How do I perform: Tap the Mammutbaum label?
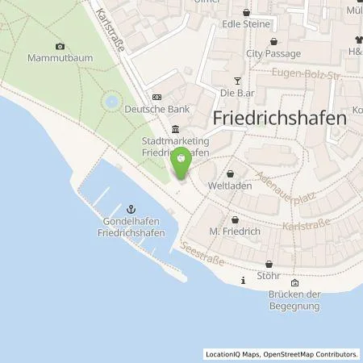point(60,58)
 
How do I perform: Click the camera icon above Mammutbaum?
point(60,46)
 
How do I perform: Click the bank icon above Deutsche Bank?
point(156,96)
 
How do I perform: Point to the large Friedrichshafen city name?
point(281,117)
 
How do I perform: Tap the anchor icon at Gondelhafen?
point(134,209)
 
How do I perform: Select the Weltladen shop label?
point(232,186)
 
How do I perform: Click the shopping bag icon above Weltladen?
point(232,173)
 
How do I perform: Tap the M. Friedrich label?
point(233,232)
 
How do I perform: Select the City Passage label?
point(273,54)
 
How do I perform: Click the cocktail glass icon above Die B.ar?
point(237,80)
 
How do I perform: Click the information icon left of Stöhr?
point(244,280)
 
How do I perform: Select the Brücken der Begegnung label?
point(294,300)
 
